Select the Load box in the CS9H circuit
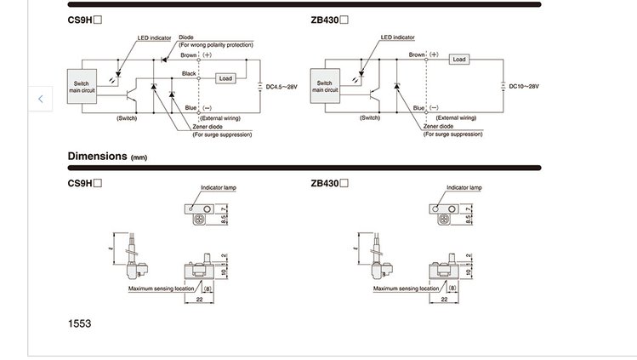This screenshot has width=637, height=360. (225, 78)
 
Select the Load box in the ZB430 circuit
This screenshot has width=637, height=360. (459, 60)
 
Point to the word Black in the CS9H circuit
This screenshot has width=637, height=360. (190, 74)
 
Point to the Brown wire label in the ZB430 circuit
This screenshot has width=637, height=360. (417, 54)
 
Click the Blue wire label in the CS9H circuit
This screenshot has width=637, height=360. (191, 108)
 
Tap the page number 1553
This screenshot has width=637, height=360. (79, 323)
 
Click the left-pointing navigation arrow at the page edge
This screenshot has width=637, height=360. (41, 99)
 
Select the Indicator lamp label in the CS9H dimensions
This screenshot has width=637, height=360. (217, 186)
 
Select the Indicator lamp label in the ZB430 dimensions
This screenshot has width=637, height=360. (464, 186)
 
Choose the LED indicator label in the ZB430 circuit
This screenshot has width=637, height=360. (397, 37)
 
